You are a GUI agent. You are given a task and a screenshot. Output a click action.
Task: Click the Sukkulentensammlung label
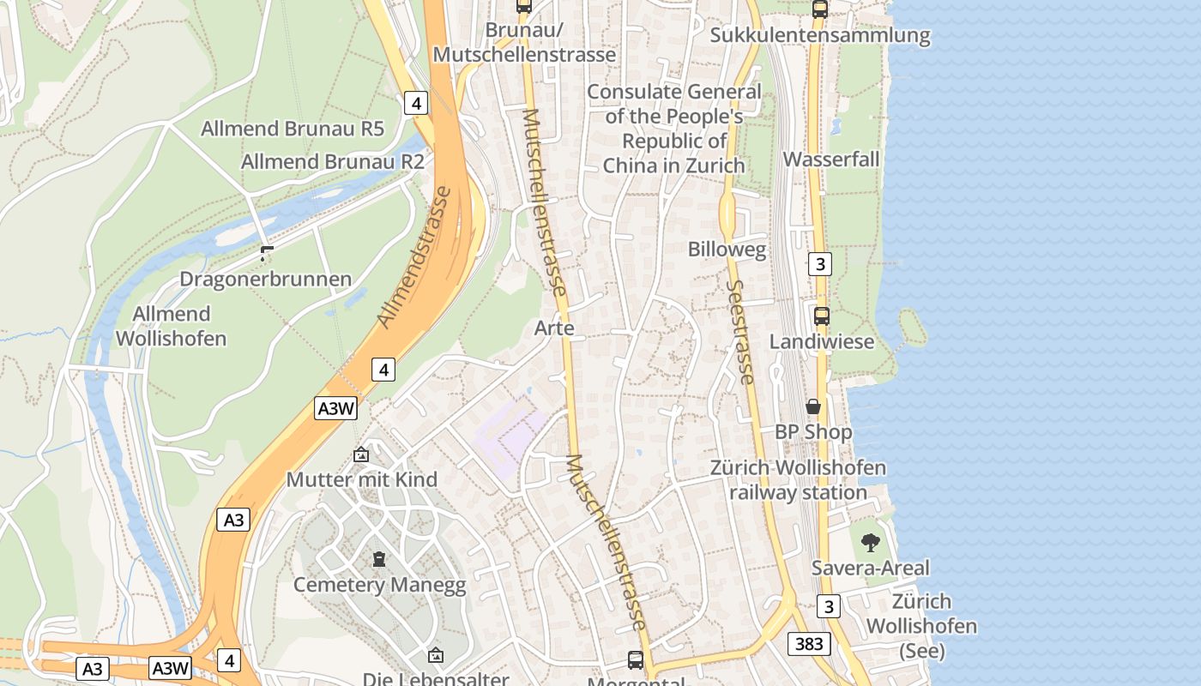tap(820, 36)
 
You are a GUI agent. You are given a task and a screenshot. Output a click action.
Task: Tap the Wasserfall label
tap(830, 159)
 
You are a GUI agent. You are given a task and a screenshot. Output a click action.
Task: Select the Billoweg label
tap(727, 250)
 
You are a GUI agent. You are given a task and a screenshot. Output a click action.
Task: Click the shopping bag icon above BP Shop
tap(813, 406)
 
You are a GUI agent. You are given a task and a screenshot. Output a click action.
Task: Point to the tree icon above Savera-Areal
tap(870, 542)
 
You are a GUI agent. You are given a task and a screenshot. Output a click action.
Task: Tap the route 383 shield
tap(808, 644)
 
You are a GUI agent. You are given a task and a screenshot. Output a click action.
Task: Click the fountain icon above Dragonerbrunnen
tap(266, 253)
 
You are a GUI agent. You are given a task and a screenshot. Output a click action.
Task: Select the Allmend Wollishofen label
tap(171, 326)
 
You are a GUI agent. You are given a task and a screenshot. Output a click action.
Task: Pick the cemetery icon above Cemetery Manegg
tap(378, 559)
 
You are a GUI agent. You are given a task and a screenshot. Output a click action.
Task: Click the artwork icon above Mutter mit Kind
tap(361, 454)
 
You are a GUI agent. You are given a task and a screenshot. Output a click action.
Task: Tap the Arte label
tap(554, 328)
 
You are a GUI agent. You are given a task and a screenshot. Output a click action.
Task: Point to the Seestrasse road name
tap(740, 332)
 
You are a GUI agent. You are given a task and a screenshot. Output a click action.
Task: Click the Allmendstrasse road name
tap(414, 257)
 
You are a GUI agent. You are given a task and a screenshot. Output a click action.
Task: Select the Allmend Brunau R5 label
tap(292, 129)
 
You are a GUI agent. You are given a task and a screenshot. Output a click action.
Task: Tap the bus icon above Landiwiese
tap(822, 316)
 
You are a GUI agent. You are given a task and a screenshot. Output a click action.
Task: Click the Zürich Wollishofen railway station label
tap(798, 480)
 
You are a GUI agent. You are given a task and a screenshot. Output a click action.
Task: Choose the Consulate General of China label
tap(673, 129)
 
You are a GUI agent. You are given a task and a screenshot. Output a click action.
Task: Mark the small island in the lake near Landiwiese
tap(912, 327)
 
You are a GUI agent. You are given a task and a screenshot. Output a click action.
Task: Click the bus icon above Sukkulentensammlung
tap(820, 9)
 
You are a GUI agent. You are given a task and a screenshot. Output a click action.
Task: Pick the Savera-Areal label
tap(870, 568)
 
